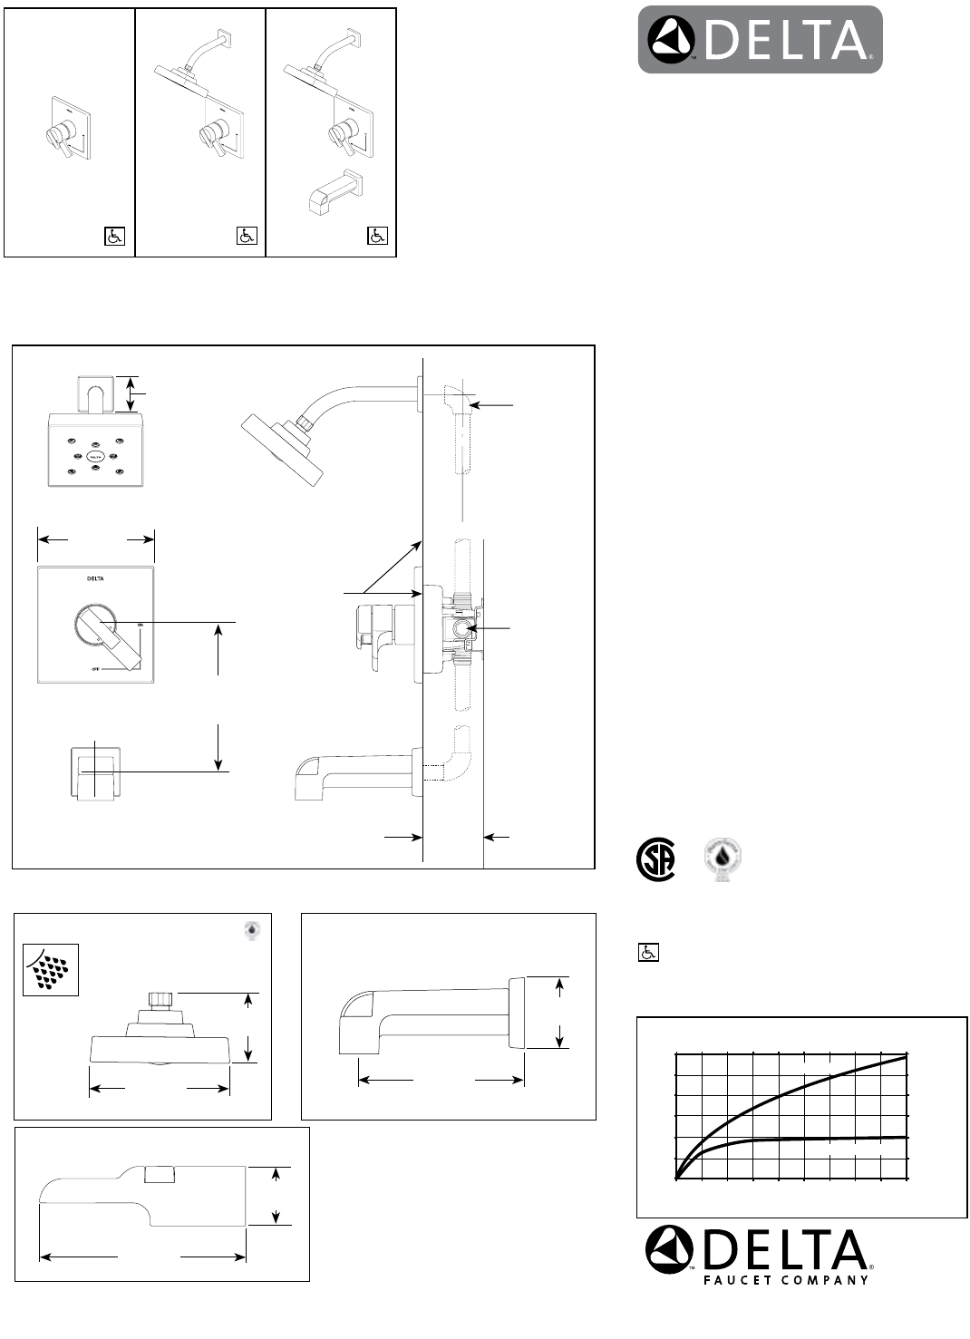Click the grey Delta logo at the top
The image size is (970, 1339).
click(x=760, y=40)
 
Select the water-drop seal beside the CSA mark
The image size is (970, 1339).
click(x=723, y=860)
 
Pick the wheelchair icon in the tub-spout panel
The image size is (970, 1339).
click(x=377, y=236)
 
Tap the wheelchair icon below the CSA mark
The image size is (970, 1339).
click(x=647, y=953)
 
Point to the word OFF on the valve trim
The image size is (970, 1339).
click(x=94, y=669)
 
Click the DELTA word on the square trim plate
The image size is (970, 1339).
click(x=95, y=578)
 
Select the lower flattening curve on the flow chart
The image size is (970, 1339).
click(x=816, y=1139)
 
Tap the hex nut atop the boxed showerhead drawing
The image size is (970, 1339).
click(x=160, y=1000)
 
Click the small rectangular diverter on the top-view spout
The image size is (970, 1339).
click(x=160, y=1175)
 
